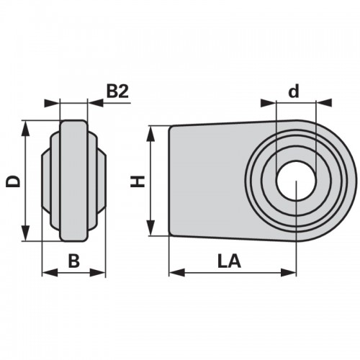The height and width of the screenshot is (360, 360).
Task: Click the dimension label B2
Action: [117, 91]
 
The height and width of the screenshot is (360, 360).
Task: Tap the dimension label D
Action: [13, 181]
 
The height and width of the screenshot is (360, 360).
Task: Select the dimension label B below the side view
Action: [73, 261]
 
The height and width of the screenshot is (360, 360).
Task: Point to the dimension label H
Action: [138, 181]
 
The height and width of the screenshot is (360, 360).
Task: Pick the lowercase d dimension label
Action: [294, 91]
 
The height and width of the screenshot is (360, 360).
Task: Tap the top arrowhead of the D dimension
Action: [25, 129]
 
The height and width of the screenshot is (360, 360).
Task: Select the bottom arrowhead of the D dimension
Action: [25, 233]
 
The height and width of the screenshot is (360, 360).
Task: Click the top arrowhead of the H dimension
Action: [150, 134]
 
